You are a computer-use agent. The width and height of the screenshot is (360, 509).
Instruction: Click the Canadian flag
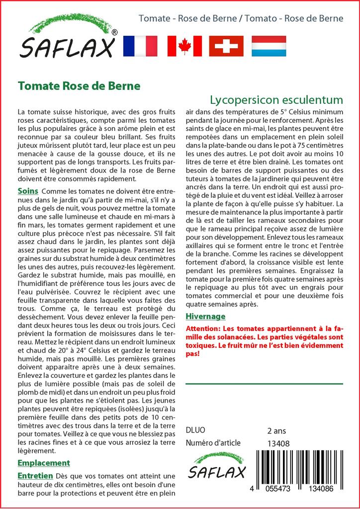[x=184, y=46]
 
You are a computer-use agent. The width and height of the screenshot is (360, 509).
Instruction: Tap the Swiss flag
[x=226, y=46]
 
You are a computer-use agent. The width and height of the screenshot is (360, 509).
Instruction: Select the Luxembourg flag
[x=269, y=46]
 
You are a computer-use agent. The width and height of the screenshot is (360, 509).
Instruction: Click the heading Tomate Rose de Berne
[x=79, y=85]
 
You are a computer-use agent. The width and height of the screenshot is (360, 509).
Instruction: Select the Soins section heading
[x=28, y=191]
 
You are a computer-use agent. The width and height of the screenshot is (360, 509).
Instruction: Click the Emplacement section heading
[x=44, y=463]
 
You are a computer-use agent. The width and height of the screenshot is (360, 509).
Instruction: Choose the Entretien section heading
[x=35, y=476]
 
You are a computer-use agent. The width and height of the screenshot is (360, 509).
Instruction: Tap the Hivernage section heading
[x=205, y=316]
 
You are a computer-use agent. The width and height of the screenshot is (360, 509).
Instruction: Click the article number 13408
[x=278, y=443]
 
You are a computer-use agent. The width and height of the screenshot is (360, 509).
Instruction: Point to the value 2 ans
[x=277, y=430]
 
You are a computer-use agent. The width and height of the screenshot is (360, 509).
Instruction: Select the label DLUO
[x=195, y=430]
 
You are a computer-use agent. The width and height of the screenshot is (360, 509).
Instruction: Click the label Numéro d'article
[x=213, y=443]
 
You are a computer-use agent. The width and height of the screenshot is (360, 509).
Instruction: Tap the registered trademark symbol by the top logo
[x=115, y=32]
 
